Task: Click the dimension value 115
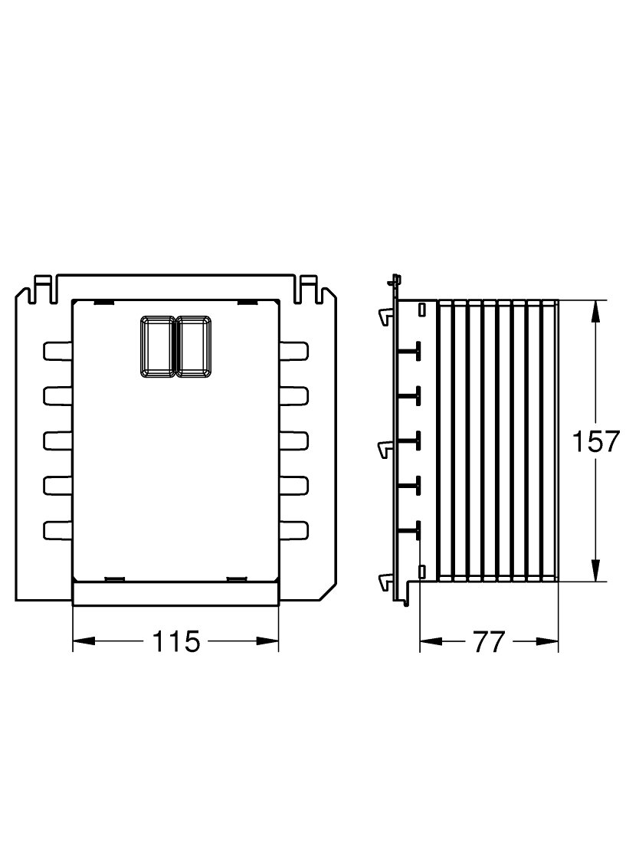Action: [x=176, y=642]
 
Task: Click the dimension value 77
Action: [x=489, y=642]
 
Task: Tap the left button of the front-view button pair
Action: [x=158, y=346]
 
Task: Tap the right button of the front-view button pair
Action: [x=194, y=346]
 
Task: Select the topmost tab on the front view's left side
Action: [x=57, y=350]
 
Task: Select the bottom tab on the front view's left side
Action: [x=57, y=530]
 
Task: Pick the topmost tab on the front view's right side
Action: [x=294, y=350]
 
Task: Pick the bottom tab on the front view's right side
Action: [x=294, y=530]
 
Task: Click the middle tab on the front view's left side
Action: [x=57, y=441]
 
